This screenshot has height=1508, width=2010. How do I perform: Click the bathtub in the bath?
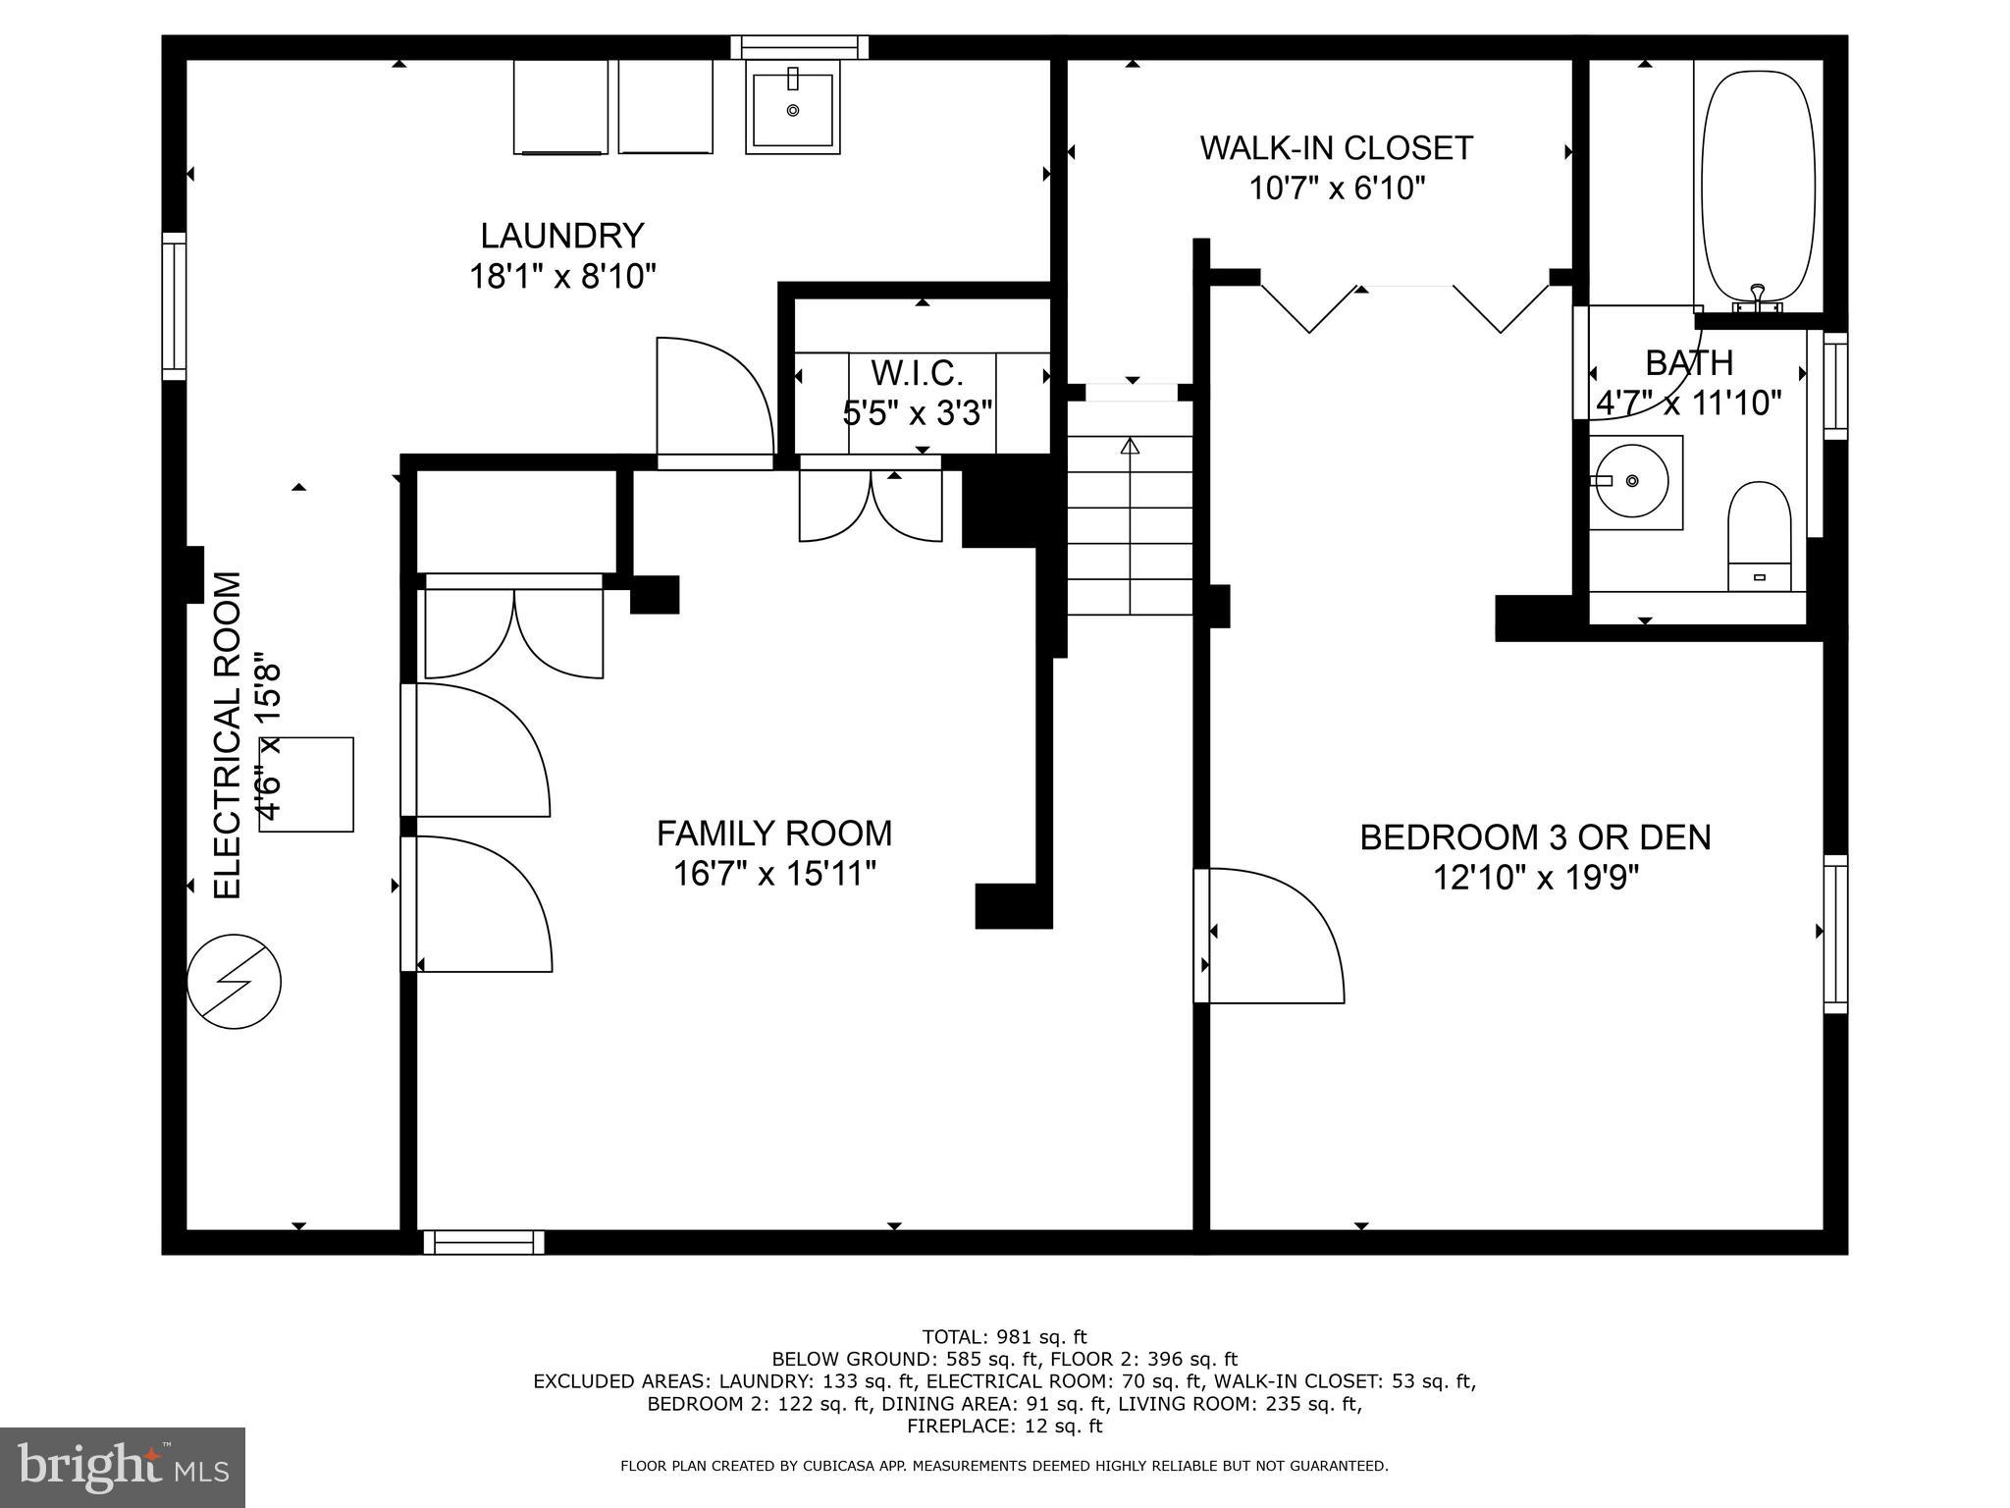pos(1758,187)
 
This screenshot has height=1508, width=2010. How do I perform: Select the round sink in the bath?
pos(1631,481)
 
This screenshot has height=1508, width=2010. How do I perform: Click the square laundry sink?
pos(792,108)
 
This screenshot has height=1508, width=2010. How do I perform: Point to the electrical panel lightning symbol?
pos(235,981)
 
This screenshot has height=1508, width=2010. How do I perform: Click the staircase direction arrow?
pos(1130,447)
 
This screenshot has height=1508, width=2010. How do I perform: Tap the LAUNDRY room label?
pos(561,236)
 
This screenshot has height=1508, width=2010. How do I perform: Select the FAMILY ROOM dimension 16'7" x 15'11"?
pos(773,873)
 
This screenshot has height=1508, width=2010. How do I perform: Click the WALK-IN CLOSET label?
pos(1336,148)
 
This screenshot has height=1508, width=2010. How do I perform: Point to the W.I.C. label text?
pos(918,373)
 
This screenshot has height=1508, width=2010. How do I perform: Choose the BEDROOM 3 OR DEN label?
pos(1535,837)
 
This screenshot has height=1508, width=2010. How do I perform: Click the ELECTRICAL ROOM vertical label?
pos(228,735)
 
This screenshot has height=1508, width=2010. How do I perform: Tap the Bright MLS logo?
pos(123,1467)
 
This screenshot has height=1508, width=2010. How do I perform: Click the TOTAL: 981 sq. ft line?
pos(1004,1336)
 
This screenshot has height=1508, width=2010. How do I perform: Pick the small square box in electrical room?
pos(307,784)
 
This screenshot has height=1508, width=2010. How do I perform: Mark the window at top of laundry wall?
pos(800,47)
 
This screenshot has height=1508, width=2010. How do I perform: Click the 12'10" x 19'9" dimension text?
pos(1535,877)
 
